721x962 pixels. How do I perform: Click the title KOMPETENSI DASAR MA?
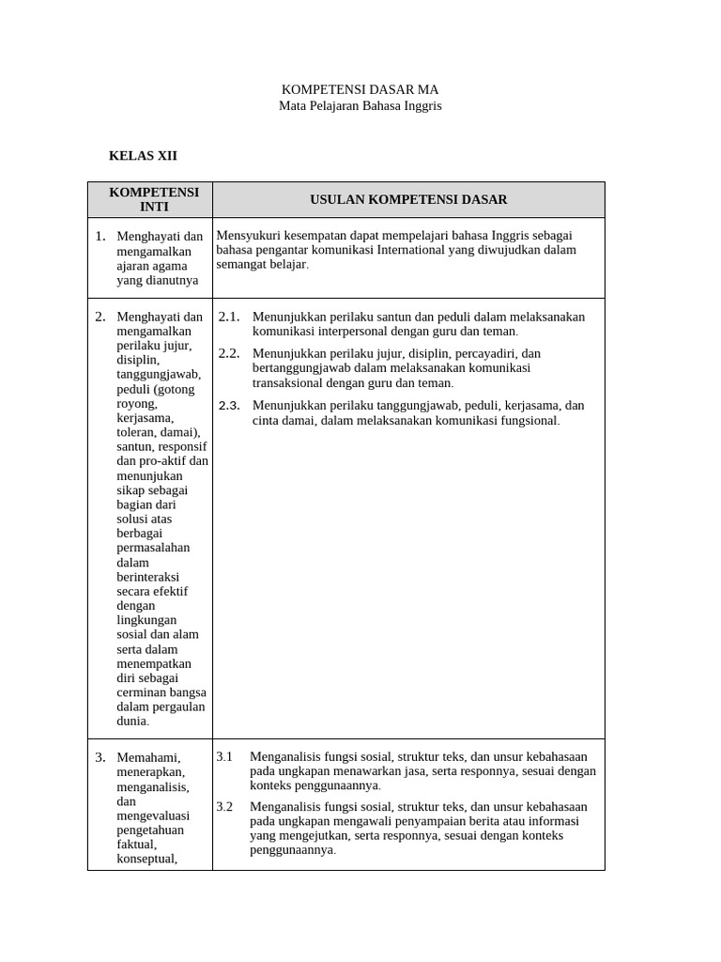point(360,89)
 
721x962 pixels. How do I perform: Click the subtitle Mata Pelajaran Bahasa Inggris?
point(360,106)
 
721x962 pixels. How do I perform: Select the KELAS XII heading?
point(143,156)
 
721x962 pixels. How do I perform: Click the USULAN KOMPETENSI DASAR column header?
point(408,199)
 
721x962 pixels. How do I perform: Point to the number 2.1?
point(229,317)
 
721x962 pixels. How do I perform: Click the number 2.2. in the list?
point(229,353)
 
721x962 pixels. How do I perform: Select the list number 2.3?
point(229,406)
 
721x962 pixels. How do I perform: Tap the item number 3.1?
point(224,756)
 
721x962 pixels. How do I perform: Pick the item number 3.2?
point(224,807)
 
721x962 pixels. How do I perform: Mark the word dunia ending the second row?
point(132,721)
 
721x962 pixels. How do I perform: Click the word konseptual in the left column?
point(146,859)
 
